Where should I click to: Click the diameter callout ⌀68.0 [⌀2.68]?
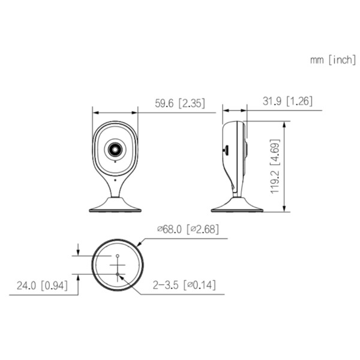click(x=187, y=229)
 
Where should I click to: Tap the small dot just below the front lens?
click(x=114, y=161)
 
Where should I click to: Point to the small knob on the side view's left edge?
click(x=225, y=148)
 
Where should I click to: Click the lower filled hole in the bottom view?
click(x=118, y=275)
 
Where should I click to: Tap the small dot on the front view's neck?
click(x=114, y=178)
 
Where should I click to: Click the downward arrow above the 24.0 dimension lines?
click(x=79, y=251)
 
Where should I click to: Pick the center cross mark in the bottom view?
click(x=118, y=265)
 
